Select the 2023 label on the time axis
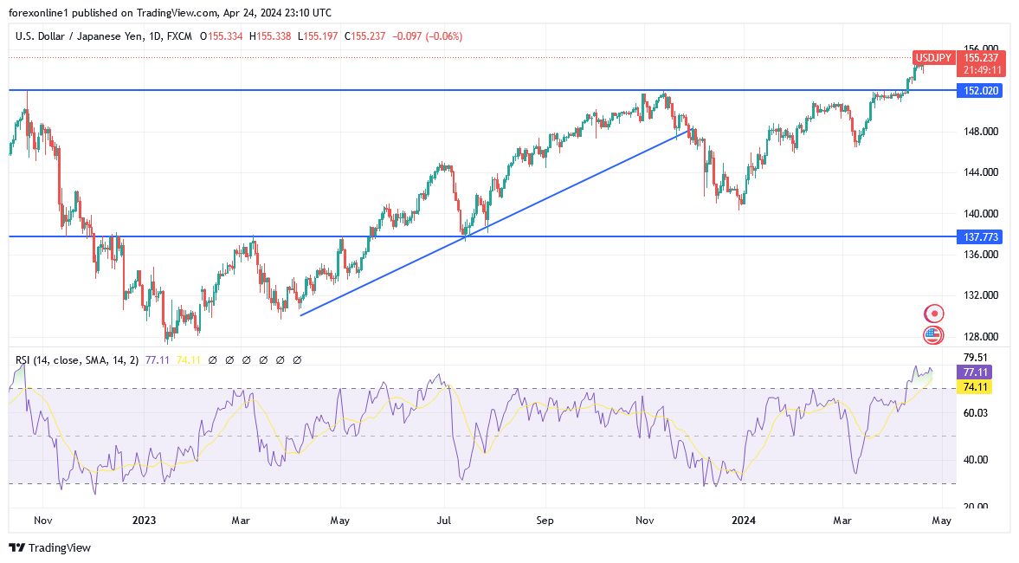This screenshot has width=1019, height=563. point(144,521)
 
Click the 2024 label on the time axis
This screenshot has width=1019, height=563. point(743,521)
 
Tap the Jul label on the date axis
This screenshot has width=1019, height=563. point(444,521)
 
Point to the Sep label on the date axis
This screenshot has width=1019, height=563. point(545,521)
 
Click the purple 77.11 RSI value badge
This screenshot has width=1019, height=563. point(974,372)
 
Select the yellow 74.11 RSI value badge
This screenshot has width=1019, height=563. point(974,387)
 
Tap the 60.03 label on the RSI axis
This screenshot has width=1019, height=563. point(975,413)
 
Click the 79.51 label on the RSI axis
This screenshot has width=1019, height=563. point(975,357)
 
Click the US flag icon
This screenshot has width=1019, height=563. point(932,335)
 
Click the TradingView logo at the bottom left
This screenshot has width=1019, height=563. point(50,547)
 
